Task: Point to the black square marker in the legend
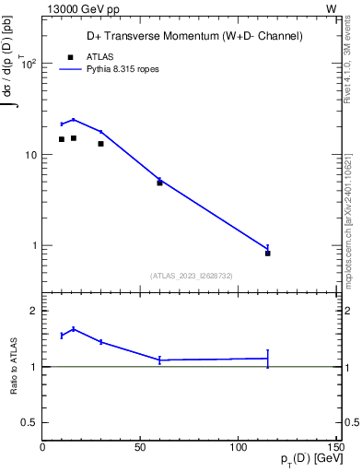tap(70, 56)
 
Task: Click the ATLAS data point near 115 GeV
tap(268, 253)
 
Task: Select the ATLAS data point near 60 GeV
tap(159, 183)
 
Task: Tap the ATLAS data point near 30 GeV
tap(101, 144)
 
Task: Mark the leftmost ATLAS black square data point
tap(62, 139)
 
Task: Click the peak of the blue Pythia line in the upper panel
tap(74, 120)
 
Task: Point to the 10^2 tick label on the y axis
tap(28, 64)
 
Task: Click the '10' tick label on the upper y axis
tap(29, 155)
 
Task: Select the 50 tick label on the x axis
tap(140, 448)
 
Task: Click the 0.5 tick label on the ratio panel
tap(29, 422)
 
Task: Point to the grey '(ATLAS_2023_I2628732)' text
tap(191, 275)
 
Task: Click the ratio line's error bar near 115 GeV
tap(268, 359)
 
